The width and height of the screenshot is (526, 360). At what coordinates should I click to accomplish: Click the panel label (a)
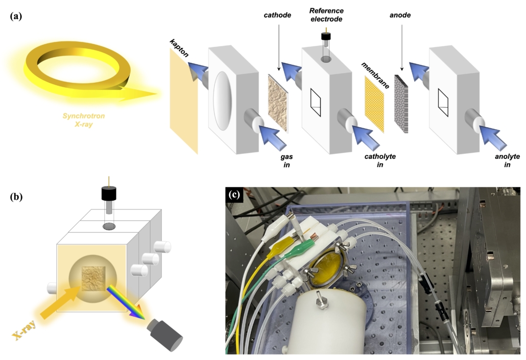pos(16,15)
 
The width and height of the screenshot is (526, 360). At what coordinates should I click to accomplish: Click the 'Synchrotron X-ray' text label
pos(84,119)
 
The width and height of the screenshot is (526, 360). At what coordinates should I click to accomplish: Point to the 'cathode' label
pos(278,15)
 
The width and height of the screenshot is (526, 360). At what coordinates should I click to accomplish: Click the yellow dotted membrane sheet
pos(374,104)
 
